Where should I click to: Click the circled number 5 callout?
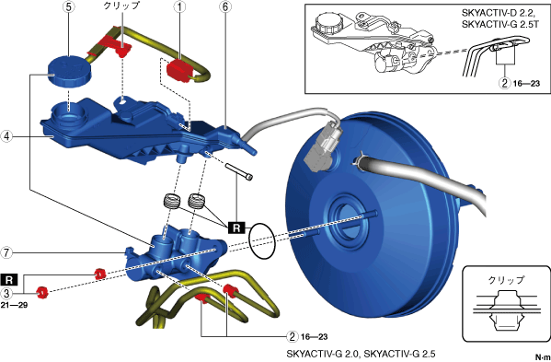68,8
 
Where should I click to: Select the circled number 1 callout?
180,8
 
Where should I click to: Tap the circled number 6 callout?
224,8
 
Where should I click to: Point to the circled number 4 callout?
6,135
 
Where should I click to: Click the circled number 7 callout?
6,252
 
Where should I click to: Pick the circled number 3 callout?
6,292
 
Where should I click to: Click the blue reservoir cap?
69,70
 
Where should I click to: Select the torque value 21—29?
14,305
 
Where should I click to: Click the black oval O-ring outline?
261,241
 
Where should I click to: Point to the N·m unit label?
543,356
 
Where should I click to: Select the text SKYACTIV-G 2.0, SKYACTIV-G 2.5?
361,353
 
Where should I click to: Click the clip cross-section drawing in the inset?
506,309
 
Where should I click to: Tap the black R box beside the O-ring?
237,228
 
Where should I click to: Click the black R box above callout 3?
9,280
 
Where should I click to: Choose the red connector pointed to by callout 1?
178,71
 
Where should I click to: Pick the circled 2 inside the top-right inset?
505,84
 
